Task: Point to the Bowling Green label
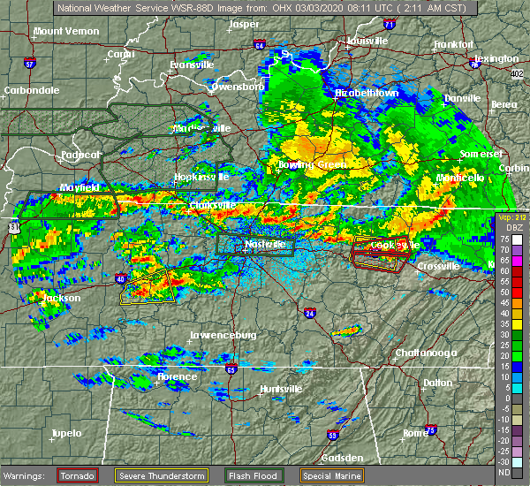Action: (x=307, y=165)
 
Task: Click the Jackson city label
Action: (x=62, y=299)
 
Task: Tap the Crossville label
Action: (x=439, y=266)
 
